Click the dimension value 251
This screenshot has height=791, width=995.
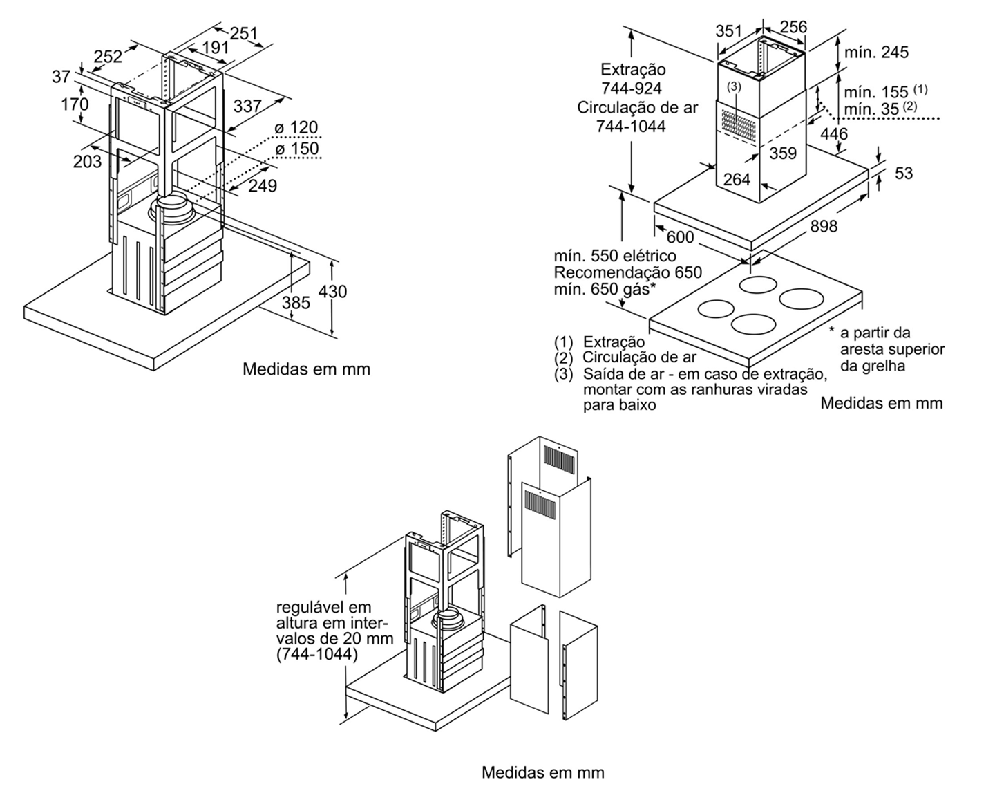[x=243, y=32]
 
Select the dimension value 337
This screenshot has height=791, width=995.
[x=247, y=106]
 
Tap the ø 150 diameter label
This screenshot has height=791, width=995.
[x=296, y=149]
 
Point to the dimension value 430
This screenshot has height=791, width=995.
[x=332, y=291]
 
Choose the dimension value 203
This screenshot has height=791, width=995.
[x=87, y=161]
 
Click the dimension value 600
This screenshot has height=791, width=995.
[x=681, y=237]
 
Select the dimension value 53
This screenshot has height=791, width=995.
[x=904, y=173]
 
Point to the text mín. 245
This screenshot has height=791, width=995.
[x=876, y=53]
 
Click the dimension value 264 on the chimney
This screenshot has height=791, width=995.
[x=737, y=179]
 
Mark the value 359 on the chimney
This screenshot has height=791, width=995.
[x=783, y=153]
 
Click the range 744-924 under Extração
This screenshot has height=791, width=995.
[x=632, y=88]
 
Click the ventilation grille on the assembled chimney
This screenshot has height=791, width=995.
[x=737, y=127]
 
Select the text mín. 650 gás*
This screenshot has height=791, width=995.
[x=602, y=288]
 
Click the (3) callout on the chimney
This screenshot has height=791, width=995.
[x=734, y=86]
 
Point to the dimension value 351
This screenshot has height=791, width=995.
[x=729, y=31]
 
